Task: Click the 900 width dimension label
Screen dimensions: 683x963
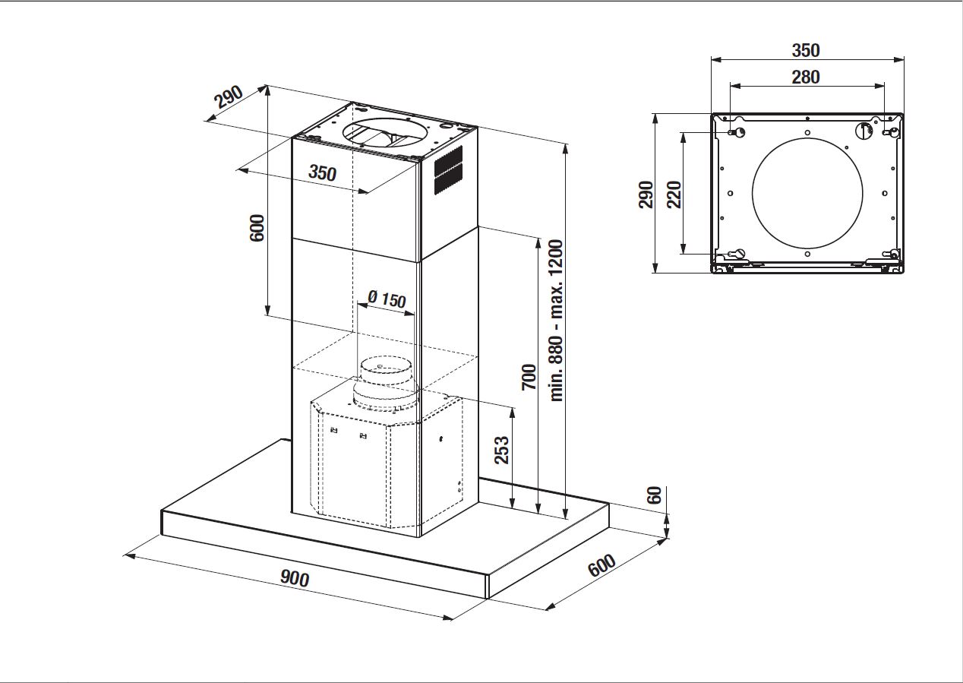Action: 295,579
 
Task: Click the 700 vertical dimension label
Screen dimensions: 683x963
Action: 529,377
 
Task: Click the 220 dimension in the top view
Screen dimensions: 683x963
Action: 674,194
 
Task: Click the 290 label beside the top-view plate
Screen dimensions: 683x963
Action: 646,194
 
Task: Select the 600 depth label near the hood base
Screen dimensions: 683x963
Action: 601,565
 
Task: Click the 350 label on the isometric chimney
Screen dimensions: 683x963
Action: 322,172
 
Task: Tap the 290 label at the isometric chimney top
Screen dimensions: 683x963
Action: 228,96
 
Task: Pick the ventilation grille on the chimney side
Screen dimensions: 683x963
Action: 448,171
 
